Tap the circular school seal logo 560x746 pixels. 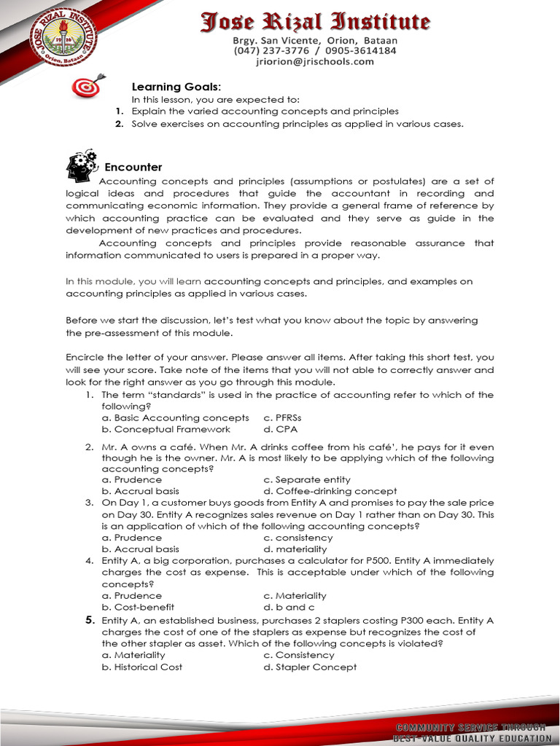62,37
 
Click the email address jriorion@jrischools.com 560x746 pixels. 315,62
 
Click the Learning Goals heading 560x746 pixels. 166,87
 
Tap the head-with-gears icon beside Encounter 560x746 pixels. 81,165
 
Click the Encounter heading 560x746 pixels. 133,168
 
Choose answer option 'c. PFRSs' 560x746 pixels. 282,418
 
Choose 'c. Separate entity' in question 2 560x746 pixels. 306,479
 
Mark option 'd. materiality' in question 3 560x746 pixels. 295,549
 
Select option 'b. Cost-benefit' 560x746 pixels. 138,607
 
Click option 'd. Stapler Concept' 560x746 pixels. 310,667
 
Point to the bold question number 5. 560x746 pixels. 90,620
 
